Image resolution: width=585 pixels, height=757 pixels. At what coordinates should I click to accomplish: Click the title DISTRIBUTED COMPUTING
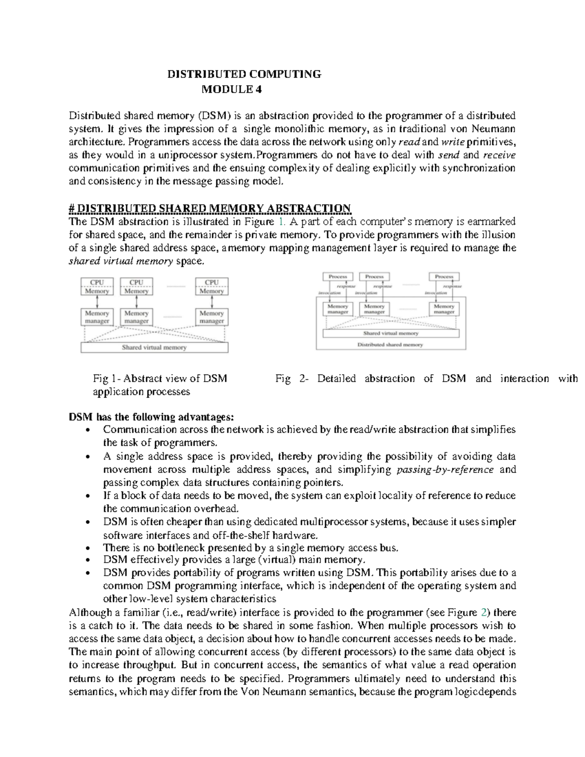[244, 74]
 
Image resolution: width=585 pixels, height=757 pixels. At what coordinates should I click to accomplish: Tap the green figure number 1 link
[280, 222]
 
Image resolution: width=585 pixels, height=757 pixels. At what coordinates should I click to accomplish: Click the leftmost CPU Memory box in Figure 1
[97, 287]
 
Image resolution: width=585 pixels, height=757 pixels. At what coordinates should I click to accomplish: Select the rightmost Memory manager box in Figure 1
[212, 317]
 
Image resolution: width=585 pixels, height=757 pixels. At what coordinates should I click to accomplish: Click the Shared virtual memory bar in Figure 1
[154, 348]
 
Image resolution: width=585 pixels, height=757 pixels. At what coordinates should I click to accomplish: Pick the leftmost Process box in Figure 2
[337, 276]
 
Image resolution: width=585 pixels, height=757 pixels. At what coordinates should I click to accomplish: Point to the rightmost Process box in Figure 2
[444, 276]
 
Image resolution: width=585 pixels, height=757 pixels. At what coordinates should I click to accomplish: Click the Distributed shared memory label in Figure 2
[390, 344]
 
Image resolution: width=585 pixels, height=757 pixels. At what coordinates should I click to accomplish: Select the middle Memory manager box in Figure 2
[374, 309]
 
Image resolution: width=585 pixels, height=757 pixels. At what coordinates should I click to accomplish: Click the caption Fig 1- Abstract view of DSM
[160, 379]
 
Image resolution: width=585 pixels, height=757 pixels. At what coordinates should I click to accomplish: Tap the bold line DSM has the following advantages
[151, 417]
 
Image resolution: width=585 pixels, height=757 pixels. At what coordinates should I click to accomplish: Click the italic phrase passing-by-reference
[446, 470]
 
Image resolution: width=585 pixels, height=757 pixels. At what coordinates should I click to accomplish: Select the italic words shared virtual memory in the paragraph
[120, 261]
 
